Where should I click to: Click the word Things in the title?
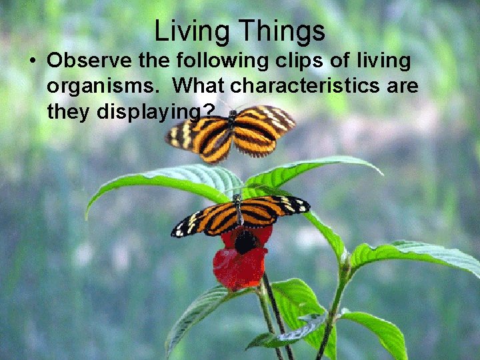[x=282, y=31]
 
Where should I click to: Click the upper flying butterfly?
[x=231, y=130]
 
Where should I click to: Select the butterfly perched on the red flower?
[x=240, y=215]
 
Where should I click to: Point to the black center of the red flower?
[x=245, y=242]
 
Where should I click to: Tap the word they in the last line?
[x=69, y=112]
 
